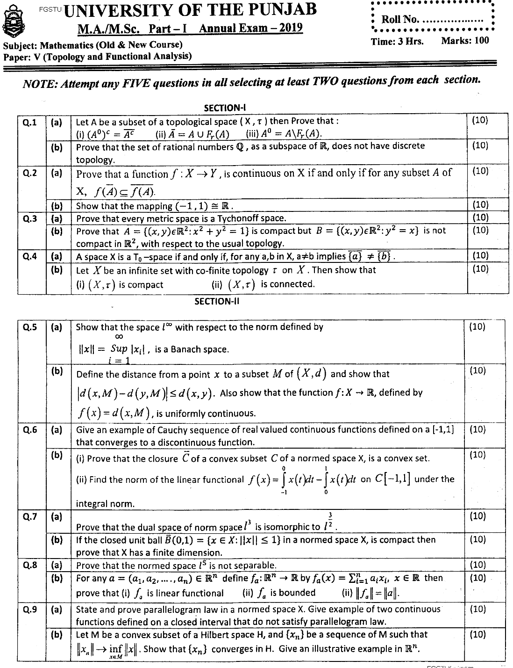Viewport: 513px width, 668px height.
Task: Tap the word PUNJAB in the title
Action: click(278, 9)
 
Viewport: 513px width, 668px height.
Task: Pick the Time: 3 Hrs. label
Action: click(397, 41)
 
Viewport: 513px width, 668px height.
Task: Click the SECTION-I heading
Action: click(222, 108)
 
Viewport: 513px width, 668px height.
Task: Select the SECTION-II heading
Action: click(217, 302)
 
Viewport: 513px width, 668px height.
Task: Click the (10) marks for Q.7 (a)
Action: click(477, 516)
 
